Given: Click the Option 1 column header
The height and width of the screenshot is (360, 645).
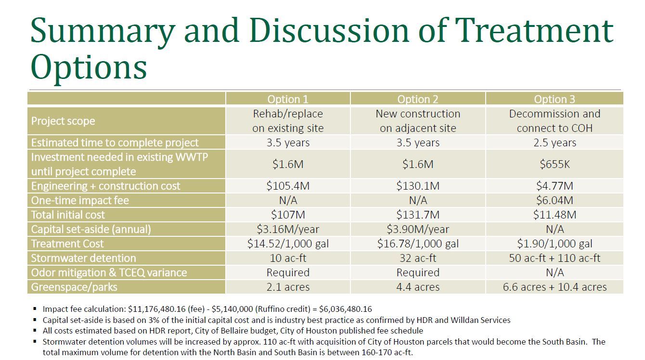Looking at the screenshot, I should click(x=288, y=99).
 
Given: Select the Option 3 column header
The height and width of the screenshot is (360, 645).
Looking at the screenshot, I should click(x=555, y=99).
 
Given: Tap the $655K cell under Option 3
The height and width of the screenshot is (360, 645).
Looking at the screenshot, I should click(x=555, y=164).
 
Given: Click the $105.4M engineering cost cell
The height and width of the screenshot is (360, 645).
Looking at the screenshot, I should click(x=288, y=186).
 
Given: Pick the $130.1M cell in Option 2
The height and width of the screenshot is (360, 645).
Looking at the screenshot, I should click(x=418, y=186).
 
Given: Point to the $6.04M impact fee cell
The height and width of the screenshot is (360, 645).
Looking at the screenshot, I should click(x=555, y=200).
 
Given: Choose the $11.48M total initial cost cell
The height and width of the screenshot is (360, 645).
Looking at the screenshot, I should click(x=555, y=215).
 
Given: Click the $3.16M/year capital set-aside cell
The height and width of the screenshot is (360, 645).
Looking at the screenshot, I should click(x=288, y=229).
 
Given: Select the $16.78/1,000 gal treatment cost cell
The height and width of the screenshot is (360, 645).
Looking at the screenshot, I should click(x=418, y=244).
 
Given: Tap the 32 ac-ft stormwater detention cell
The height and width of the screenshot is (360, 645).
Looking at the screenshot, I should click(x=418, y=258).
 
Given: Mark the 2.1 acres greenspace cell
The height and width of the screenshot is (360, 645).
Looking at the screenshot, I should click(x=288, y=287).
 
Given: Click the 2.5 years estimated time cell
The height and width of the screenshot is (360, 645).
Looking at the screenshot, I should click(x=555, y=142).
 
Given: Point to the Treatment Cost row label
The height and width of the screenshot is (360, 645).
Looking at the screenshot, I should click(x=67, y=244).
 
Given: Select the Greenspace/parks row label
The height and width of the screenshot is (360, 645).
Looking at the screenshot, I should click(x=74, y=287).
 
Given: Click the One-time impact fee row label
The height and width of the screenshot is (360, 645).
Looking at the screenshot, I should click(x=80, y=200).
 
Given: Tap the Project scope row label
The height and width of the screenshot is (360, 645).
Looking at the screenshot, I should click(x=63, y=121).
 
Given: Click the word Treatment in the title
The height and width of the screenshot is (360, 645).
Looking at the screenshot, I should click(x=534, y=30).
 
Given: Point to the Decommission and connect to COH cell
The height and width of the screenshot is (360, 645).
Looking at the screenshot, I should click(x=555, y=121).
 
